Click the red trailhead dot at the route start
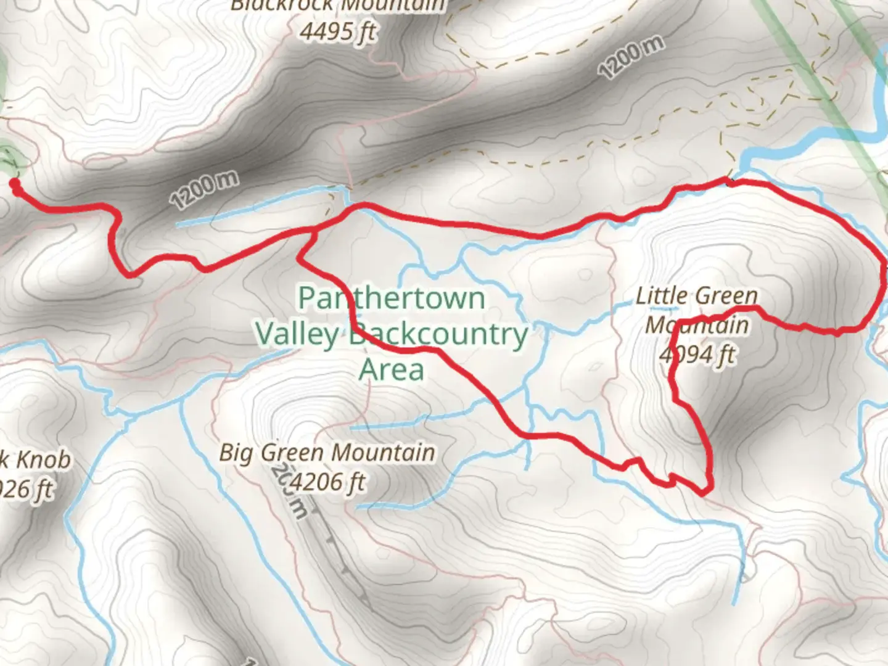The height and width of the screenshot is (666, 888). [14, 183]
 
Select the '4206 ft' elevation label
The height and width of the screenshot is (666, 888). [327, 482]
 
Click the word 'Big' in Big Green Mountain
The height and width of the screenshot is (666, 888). [237, 453]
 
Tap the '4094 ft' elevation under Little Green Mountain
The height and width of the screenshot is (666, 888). [697, 355]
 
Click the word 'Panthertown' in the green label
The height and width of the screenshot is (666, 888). [392, 298]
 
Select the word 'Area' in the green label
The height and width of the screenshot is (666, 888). [392, 370]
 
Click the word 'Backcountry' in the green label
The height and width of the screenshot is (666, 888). [438, 335]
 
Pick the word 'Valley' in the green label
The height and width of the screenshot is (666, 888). [297, 335]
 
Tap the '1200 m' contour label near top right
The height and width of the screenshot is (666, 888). [631, 57]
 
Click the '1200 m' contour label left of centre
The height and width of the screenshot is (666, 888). [204, 190]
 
